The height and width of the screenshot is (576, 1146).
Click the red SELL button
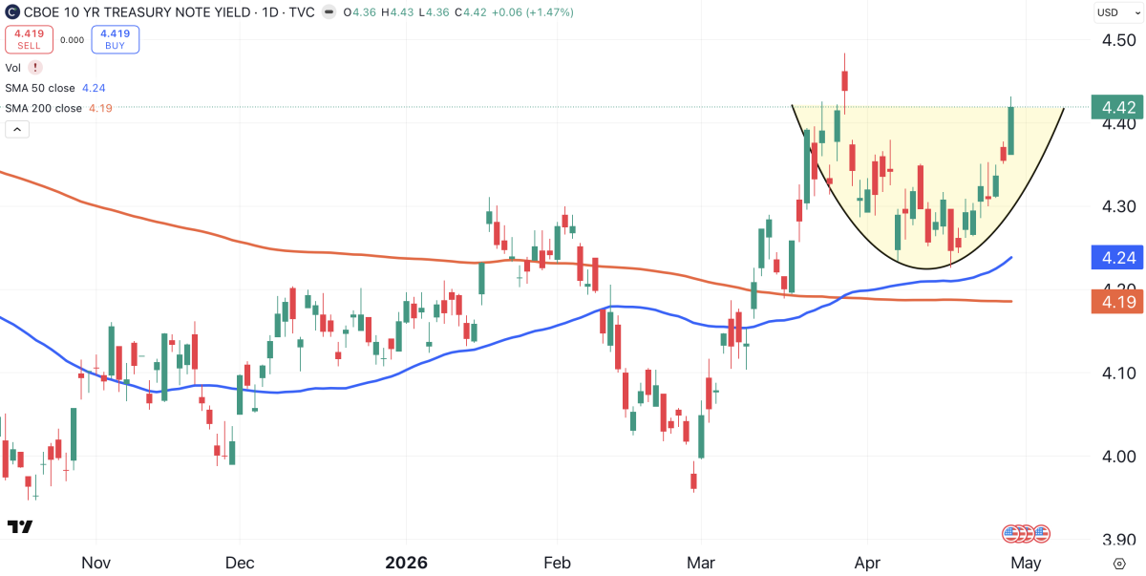coord(29,39)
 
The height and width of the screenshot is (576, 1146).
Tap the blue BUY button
coord(116,39)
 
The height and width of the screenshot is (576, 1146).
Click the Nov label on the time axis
coord(97,563)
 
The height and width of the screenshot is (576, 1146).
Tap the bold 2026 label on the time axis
coord(406,563)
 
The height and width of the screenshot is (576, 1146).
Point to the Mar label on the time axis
coord(702,563)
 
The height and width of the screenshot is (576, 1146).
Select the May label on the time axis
coord(1026,563)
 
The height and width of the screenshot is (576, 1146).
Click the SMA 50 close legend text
coord(42,88)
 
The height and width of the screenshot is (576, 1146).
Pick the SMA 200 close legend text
coord(44,108)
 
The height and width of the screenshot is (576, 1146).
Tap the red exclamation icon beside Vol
coord(35,68)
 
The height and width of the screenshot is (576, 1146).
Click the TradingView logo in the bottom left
coord(20,527)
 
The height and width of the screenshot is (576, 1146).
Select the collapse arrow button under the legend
coord(17,129)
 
